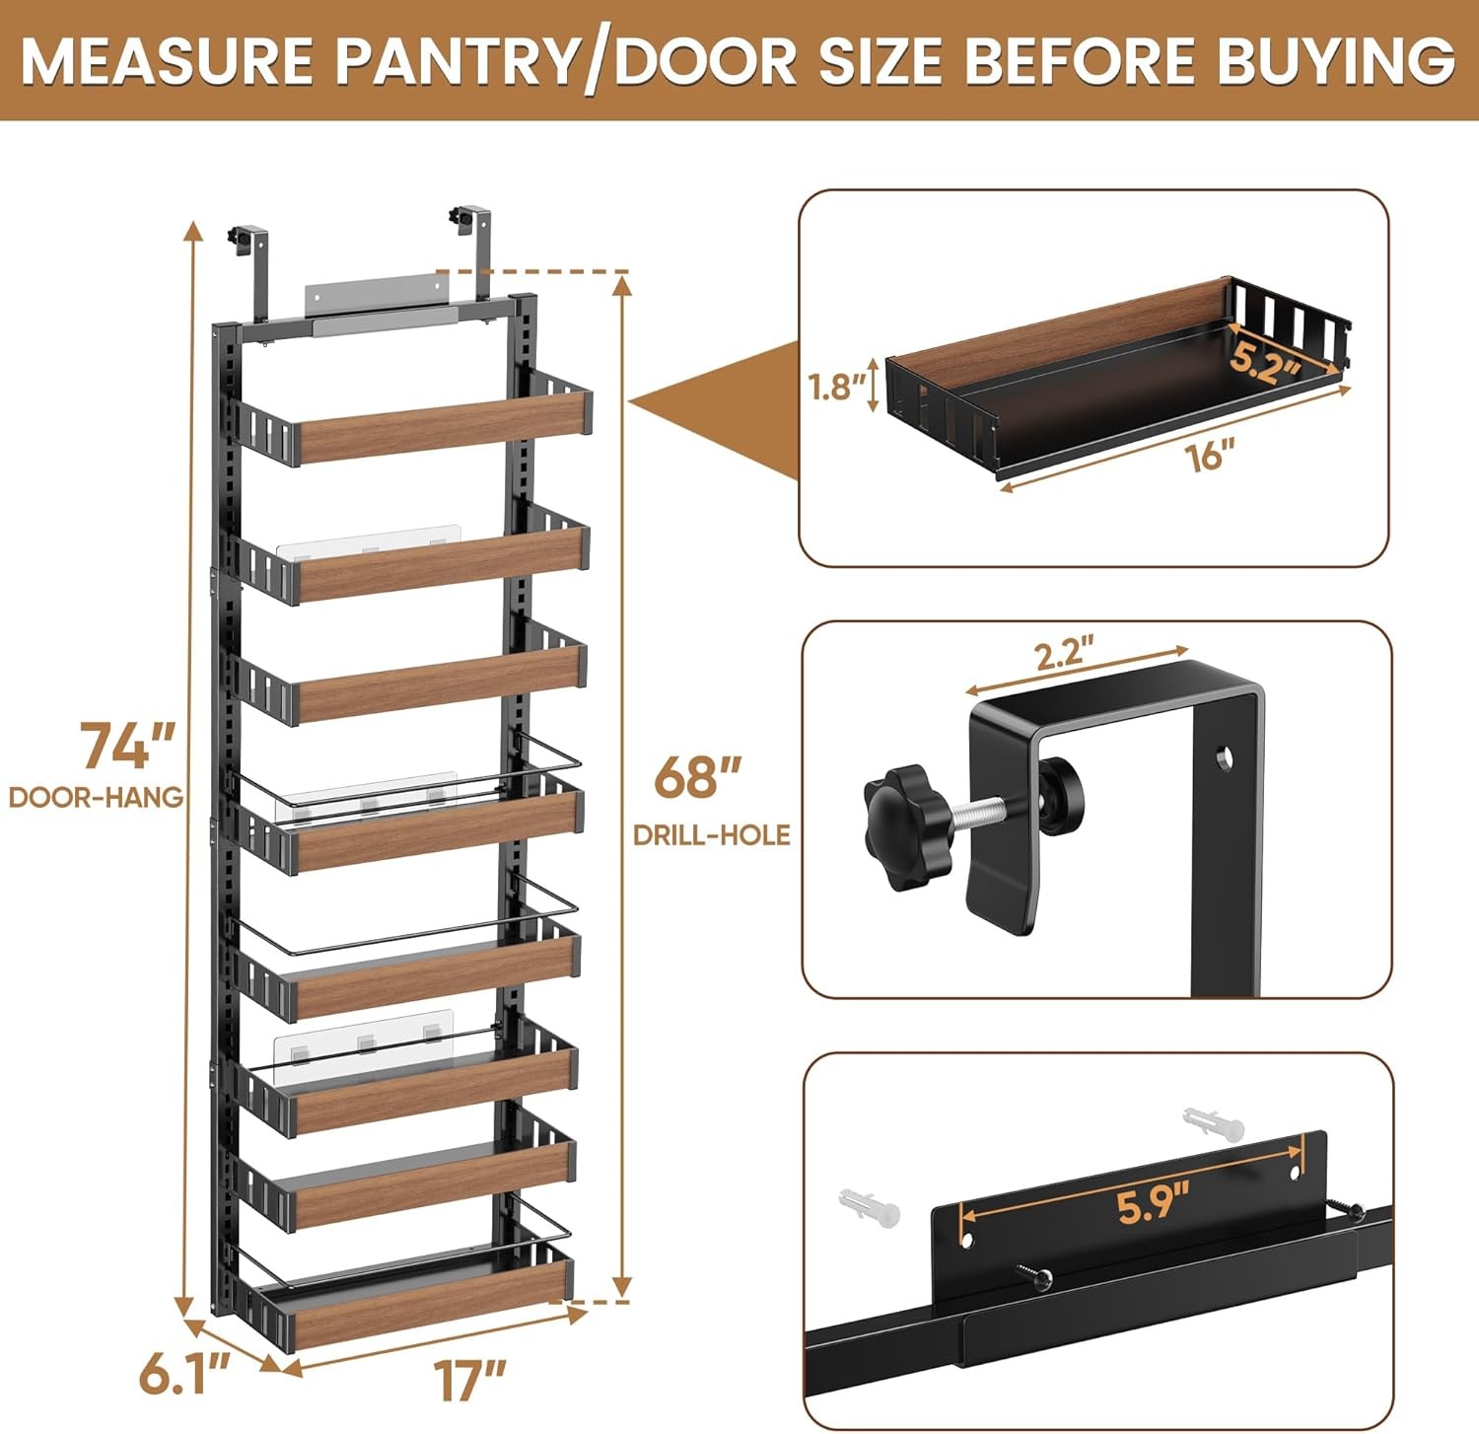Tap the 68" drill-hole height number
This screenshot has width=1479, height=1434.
click(x=697, y=777)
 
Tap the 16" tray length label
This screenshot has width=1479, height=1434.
click(x=1211, y=456)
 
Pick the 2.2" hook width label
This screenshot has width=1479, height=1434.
click(x=1064, y=655)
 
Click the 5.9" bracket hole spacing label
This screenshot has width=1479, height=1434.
click(x=1153, y=1205)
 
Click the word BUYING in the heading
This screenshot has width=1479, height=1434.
click(x=1335, y=61)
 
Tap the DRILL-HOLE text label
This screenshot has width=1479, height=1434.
click(x=711, y=835)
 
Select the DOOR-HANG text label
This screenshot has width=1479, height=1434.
click(x=97, y=797)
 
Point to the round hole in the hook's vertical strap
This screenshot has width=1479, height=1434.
click(x=1223, y=757)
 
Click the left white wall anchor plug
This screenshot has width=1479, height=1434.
click(x=869, y=1206)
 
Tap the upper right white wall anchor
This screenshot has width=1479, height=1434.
click(x=1213, y=1123)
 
